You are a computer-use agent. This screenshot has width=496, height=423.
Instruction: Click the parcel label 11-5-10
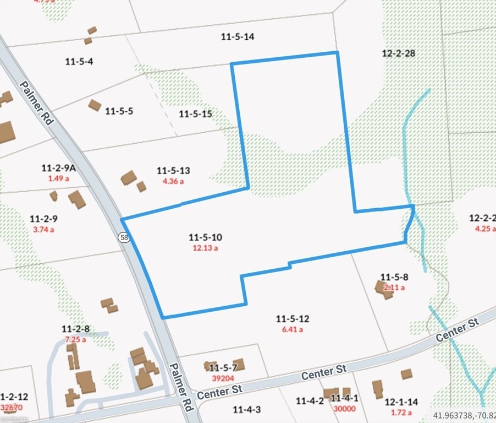205,237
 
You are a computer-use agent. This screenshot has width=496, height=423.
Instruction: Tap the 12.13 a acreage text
205,248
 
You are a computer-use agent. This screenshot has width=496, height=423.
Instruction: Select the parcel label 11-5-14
237,37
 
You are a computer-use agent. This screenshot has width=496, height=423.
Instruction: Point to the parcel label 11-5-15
195,114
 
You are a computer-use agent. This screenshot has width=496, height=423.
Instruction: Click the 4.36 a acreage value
173,181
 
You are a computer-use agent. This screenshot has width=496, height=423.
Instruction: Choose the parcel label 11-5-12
293,318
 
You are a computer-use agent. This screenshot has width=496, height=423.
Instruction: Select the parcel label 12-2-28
398,53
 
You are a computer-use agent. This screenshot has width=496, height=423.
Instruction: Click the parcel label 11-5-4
79,61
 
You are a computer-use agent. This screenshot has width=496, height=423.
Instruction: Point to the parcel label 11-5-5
119,111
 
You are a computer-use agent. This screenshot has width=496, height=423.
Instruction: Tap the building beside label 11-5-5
95,105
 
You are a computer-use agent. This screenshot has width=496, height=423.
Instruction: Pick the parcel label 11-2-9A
58,167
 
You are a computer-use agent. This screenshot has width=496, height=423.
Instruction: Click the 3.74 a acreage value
44,230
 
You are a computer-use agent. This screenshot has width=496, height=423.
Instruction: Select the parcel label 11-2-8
76,329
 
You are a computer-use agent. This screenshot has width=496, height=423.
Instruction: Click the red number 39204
223,378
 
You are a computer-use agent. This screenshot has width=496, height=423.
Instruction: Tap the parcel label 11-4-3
246,409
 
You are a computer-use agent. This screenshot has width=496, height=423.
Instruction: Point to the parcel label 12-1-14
401,402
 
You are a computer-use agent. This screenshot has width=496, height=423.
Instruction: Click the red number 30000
345,409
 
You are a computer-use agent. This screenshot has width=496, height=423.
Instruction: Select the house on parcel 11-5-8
384,289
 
